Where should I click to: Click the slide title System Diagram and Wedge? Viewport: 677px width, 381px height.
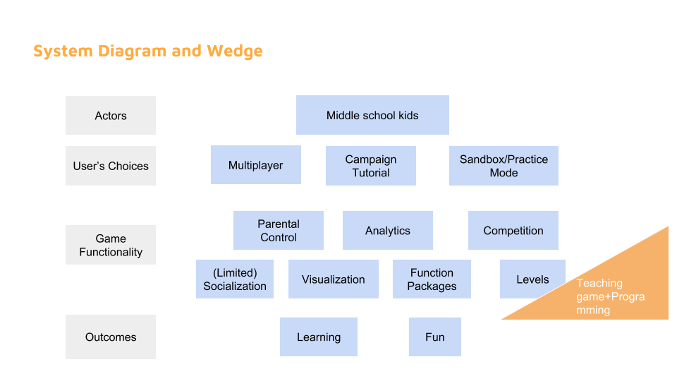point(148,52)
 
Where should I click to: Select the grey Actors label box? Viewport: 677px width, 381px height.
point(111,116)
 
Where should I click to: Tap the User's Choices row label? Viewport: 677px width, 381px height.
point(111,166)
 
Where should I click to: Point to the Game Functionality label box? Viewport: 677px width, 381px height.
point(111,245)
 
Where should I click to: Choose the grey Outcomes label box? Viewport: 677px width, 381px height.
point(111,337)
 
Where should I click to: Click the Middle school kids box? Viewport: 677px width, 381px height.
point(372,115)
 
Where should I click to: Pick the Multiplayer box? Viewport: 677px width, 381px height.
point(256,165)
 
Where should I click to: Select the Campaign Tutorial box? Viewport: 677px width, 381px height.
point(371,166)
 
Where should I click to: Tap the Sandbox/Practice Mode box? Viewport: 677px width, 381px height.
point(504,166)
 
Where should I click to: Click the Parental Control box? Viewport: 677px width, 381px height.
point(279,231)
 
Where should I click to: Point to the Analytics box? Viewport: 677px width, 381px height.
point(388,231)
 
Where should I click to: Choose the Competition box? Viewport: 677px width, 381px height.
point(513,231)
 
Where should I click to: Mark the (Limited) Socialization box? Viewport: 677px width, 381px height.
point(235,279)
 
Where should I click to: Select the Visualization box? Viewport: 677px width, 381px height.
point(334,279)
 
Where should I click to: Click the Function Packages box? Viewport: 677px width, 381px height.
point(432,279)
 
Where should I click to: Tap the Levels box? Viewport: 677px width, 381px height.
point(532,279)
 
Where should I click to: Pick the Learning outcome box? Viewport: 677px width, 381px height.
point(319,337)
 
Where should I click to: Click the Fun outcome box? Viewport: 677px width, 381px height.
point(435,337)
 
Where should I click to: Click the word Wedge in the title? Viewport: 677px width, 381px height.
point(235,52)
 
